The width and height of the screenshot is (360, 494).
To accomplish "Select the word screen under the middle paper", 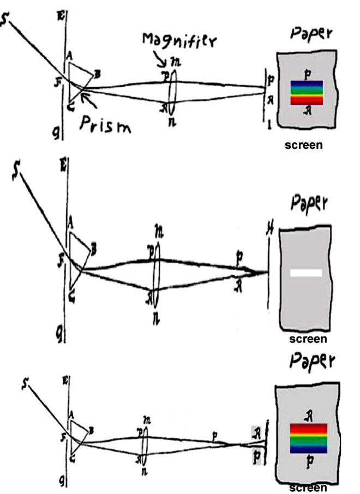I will coord(308,339).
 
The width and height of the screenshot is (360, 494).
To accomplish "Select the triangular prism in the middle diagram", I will coord(79,249).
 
